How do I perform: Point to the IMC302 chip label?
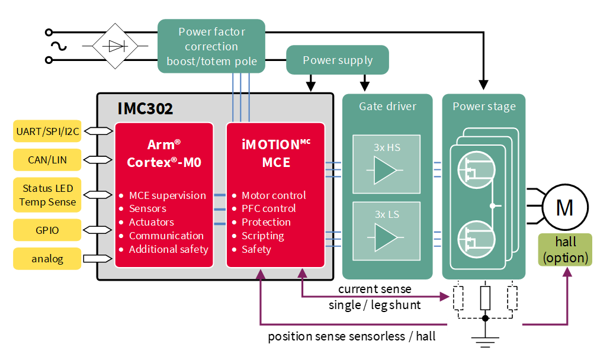point(145,108)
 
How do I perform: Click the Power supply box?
point(338,60)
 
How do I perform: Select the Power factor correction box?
point(211,46)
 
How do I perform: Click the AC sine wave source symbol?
point(57,46)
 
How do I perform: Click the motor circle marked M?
point(564,207)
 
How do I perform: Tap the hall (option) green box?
point(564,250)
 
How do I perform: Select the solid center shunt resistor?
point(485,298)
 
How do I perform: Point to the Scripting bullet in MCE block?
point(263,236)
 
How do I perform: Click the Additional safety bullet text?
point(169,249)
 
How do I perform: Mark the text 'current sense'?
point(374,289)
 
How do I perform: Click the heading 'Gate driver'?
point(387,107)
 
